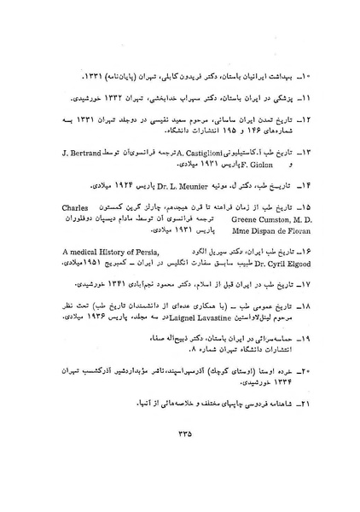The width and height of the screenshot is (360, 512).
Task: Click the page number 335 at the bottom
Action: point(181,433)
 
